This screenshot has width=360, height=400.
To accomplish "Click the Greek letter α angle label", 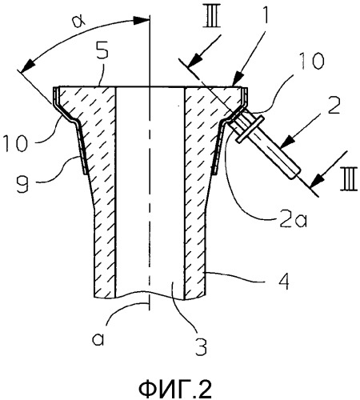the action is (79, 21).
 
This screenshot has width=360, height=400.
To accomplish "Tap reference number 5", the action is (102, 50).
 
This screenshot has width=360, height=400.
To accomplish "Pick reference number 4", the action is (284, 281).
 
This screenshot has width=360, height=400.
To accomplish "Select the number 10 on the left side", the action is (16, 142).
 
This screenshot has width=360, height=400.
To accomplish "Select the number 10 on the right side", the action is (311, 61).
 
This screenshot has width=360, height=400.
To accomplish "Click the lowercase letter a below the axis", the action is (98, 339).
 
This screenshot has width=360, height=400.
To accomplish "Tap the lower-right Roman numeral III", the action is (349, 182).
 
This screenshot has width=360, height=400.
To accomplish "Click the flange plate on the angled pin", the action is (250, 129).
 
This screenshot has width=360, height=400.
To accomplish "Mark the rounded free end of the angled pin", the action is (295, 173).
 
